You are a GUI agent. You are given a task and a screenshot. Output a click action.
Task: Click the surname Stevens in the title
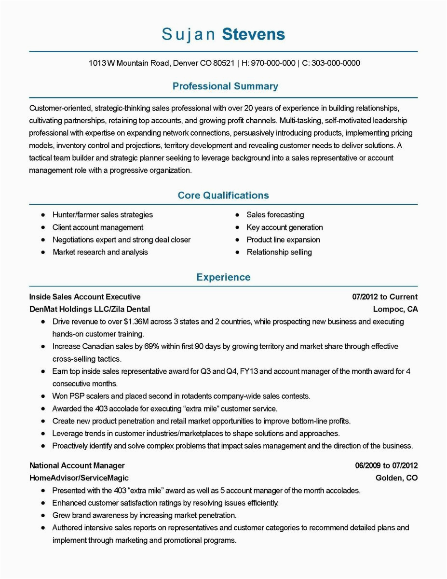pyautogui.click(x=253, y=34)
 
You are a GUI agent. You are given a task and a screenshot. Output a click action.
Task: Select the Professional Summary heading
pyautogui.click(x=225, y=86)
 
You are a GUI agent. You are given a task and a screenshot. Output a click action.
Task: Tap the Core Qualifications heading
pyautogui.click(x=223, y=196)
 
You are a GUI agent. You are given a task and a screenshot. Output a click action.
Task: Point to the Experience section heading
pyautogui.click(x=223, y=277)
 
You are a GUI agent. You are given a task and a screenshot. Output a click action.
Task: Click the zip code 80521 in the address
pyautogui.click(x=224, y=63)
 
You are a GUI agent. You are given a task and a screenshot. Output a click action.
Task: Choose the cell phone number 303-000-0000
pyautogui.click(x=336, y=63)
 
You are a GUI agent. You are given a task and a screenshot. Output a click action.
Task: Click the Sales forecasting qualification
pyautogui.click(x=275, y=215)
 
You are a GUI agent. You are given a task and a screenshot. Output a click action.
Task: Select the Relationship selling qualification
pyautogui.click(x=279, y=252)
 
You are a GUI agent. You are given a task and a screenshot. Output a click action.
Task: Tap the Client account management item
pyautogui.click(x=98, y=227)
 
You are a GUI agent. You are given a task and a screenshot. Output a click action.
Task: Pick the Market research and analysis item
pyautogui.click(x=100, y=252)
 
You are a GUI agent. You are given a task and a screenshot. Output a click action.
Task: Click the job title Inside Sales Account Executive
pyautogui.click(x=85, y=297)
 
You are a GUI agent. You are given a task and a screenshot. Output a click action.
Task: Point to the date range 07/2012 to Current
pyautogui.click(x=385, y=297)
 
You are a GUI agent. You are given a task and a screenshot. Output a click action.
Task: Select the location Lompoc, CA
pyautogui.click(x=395, y=309)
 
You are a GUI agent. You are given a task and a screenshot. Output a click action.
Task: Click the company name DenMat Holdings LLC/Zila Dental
pyautogui.click(x=90, y=309)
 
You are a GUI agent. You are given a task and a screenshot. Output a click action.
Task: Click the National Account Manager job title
pyautogui.click(x=77, y=466)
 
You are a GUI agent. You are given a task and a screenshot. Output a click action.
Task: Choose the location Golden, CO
pyautogui.click(x=396, y=478)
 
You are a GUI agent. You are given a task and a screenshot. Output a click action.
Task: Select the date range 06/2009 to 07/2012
pyautogui.click(x=386, y=466)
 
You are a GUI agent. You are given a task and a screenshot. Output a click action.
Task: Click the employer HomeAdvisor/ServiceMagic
pyautogui.click(x=79, y=478)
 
